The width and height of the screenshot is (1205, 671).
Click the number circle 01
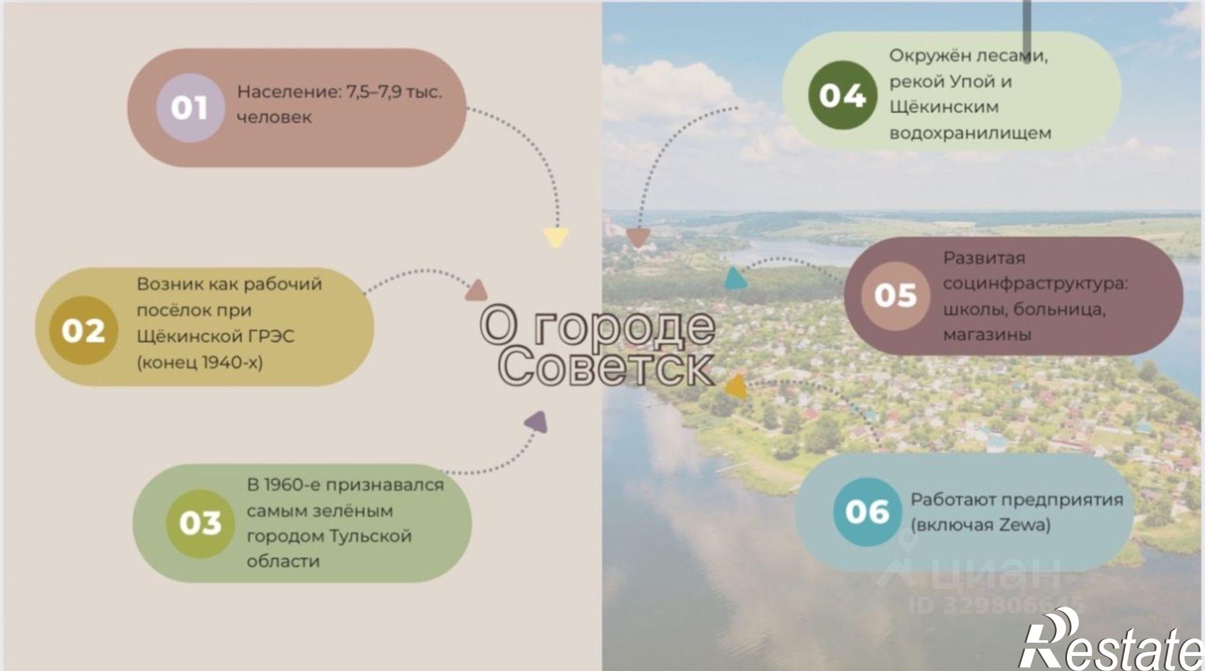coord(190,108)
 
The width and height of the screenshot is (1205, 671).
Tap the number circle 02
coord(83,330)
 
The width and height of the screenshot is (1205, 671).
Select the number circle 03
coord(201,523)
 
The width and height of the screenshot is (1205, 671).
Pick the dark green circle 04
coord(842,96)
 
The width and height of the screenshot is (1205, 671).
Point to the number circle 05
coord(895,295)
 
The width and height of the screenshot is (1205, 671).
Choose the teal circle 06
coord(868,512)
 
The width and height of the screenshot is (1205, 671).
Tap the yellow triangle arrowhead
coord(556,237)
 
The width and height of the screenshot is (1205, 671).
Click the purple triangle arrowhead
coord(537,421)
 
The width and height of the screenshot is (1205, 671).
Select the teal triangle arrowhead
coord(734,278)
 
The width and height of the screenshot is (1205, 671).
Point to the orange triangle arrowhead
coord(736,387)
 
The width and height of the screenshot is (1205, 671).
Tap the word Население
coord(289,92)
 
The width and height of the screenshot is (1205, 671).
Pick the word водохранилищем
coord(970,133)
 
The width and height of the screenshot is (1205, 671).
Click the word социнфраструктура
coord(1035,284)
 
